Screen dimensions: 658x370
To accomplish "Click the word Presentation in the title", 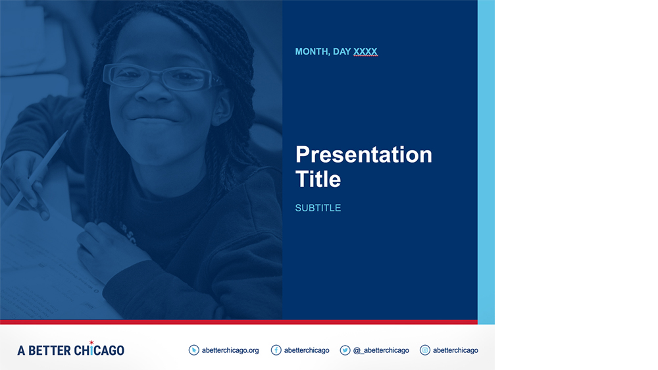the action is [x=363, y=155].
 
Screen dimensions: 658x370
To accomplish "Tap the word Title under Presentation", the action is [x=318, y=179].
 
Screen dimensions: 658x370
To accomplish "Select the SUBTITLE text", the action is [x=318, y=208].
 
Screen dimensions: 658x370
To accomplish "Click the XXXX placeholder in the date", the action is [x=365, y=51].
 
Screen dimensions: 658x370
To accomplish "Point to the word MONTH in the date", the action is [x=312, y=51].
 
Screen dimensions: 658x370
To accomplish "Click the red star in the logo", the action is [x=91, y=343].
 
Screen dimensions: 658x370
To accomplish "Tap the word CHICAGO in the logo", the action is [x=99, y=350].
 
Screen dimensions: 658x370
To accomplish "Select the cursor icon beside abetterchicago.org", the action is [x=193, y=350].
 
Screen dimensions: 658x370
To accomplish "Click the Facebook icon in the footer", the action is [x=276, y=350].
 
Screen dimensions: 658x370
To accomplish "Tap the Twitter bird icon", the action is [x=345, y=350].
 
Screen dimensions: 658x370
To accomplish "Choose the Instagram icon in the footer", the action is [x=424, y=350].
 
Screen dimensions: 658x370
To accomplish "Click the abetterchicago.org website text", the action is [x=230, y=350].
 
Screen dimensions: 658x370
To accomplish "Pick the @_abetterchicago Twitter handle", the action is [x=381, y=350].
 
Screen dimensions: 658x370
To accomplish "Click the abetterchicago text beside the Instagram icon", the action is [x=455, y=350].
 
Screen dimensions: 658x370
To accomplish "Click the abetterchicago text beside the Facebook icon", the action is [x=307, y=350].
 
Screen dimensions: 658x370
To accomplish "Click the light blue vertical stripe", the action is [x=486, y=162].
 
